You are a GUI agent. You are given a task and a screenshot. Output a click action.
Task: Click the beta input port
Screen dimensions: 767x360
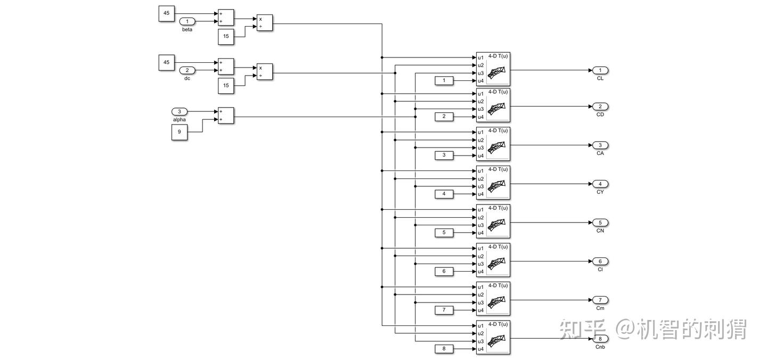coord(187,21)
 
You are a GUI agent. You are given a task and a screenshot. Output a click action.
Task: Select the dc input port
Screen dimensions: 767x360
coord(187,70)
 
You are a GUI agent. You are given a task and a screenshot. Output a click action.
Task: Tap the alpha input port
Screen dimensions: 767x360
coord(179,111)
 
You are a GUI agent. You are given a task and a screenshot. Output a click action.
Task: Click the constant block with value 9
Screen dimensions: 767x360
coord(179,132)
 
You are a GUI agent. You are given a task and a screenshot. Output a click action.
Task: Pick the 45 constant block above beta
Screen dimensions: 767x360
coord(166,14)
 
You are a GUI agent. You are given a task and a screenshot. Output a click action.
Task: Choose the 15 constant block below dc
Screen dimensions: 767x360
coord(226,86)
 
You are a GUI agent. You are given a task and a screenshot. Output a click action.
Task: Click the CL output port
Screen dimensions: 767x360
coord(600,70)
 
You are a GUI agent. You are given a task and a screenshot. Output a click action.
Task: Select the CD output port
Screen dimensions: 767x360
coord(600,107)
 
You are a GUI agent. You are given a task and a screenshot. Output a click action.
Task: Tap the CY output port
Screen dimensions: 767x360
coord(600,184)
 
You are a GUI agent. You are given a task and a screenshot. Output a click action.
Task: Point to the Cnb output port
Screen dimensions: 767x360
coord(600,339)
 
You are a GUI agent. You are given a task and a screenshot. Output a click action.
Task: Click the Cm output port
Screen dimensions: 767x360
coord(600,300)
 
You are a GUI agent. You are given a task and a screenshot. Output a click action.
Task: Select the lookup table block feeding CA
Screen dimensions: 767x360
coord(493,144)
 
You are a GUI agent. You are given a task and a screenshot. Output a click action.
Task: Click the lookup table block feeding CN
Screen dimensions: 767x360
coord(493,222)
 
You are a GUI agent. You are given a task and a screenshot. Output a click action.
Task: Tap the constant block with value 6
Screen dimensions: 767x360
coord(444,272)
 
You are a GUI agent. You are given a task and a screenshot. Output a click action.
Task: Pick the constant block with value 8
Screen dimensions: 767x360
coord(444,349)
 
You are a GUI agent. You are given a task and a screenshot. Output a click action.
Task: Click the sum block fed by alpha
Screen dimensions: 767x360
coord(226,116)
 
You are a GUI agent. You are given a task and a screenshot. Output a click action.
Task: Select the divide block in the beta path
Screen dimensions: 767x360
coord(265,23)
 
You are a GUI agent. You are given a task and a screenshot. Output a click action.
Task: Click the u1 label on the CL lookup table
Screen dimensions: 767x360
coord(481,58)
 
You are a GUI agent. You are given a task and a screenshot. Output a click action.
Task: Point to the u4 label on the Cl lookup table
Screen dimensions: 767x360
coord(481,272)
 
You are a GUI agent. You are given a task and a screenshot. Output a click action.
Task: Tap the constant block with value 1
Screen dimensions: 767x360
coord(444,81)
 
